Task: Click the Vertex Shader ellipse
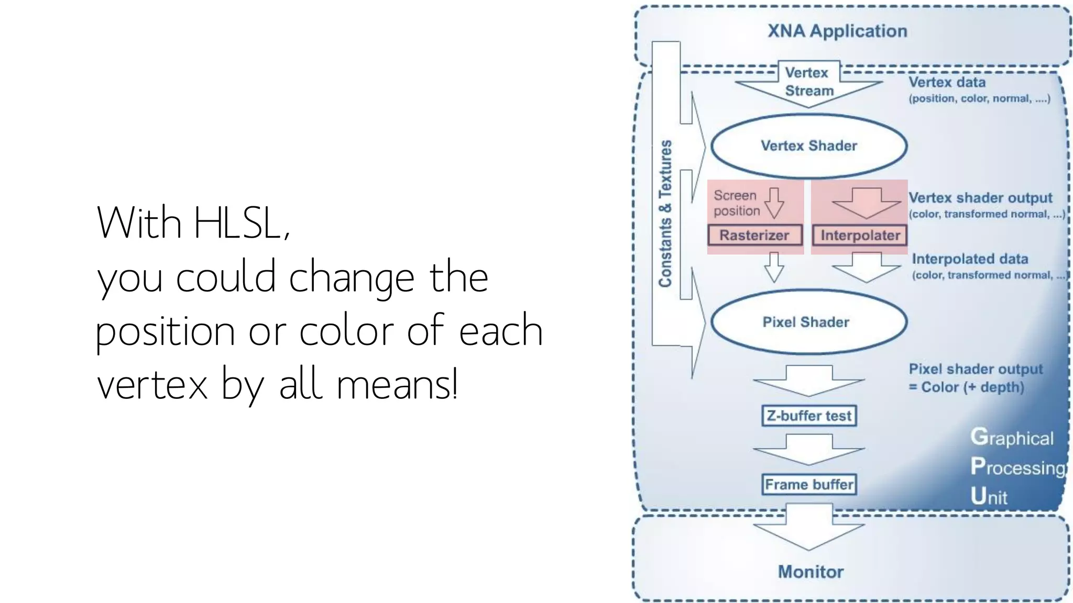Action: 809,146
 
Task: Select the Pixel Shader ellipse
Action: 808,321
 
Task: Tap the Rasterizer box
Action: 754,235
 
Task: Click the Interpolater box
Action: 860,235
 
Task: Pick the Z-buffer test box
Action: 809,416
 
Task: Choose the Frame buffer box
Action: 809,484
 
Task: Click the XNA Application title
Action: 837,31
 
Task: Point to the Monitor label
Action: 811,572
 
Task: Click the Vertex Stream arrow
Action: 808,84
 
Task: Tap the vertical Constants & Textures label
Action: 665,214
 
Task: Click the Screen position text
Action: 736,203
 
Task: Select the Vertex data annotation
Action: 947,82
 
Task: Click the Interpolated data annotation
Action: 969,259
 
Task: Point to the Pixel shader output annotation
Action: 976,369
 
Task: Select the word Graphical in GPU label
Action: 1012,438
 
